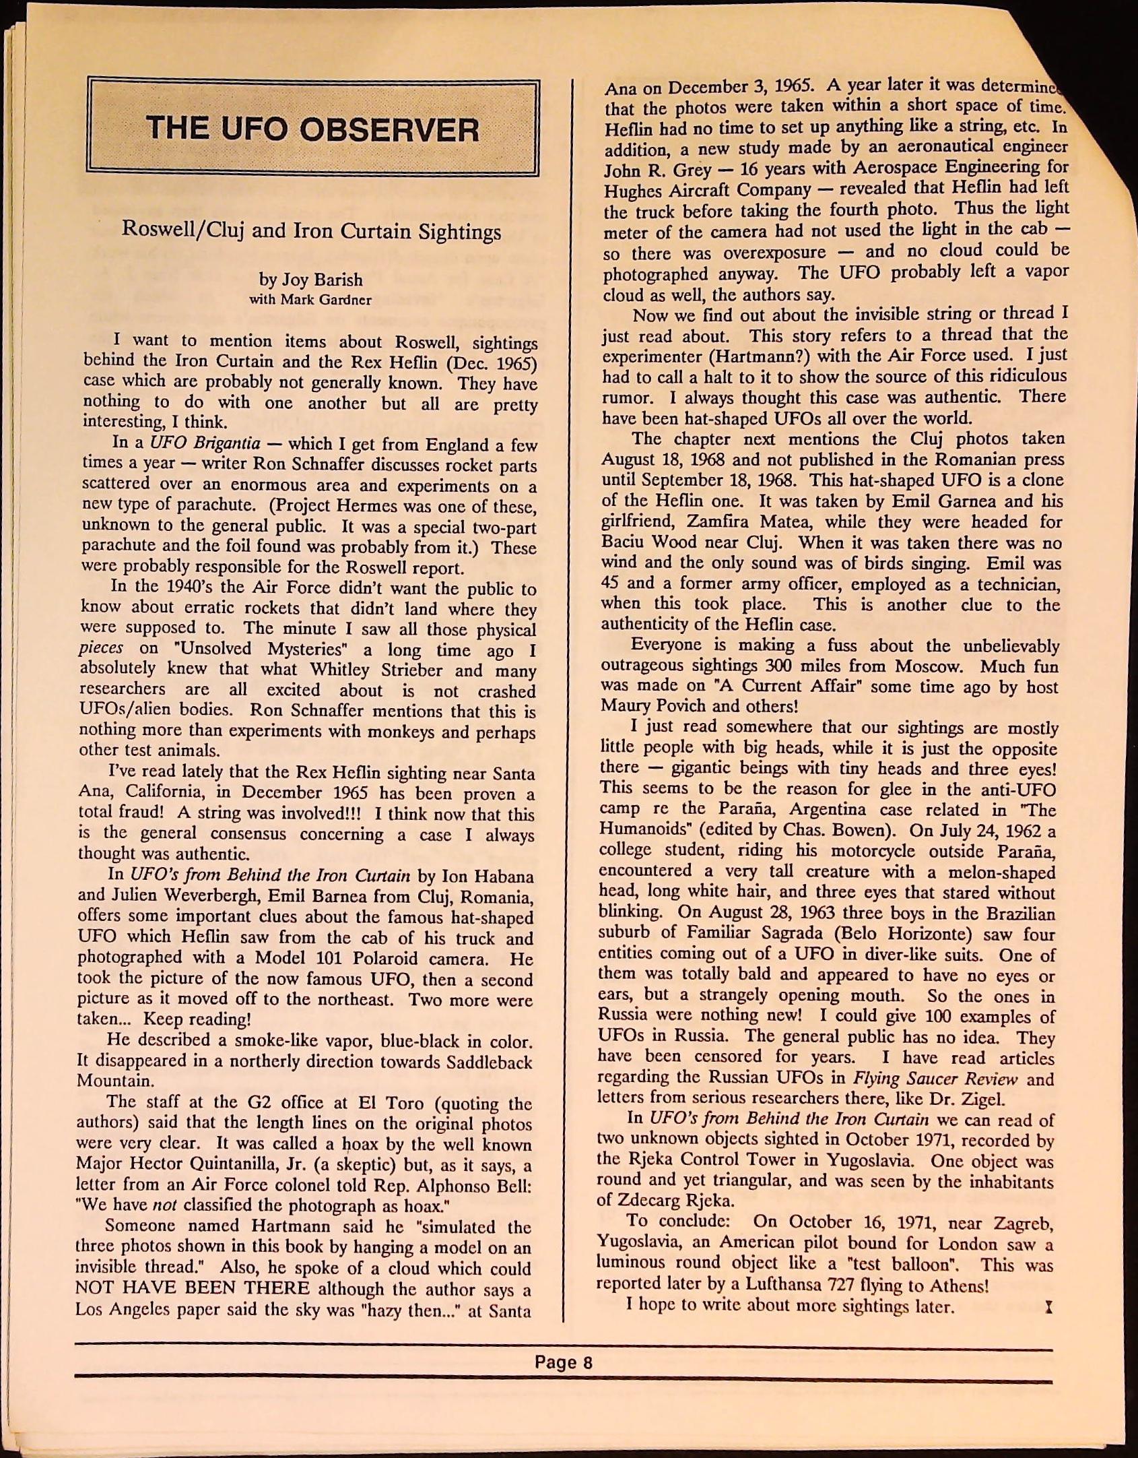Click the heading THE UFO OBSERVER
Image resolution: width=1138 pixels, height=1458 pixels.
312,128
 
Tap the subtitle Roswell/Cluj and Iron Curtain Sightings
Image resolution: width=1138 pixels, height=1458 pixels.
311,231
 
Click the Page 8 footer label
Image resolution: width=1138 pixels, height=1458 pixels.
563,1362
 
